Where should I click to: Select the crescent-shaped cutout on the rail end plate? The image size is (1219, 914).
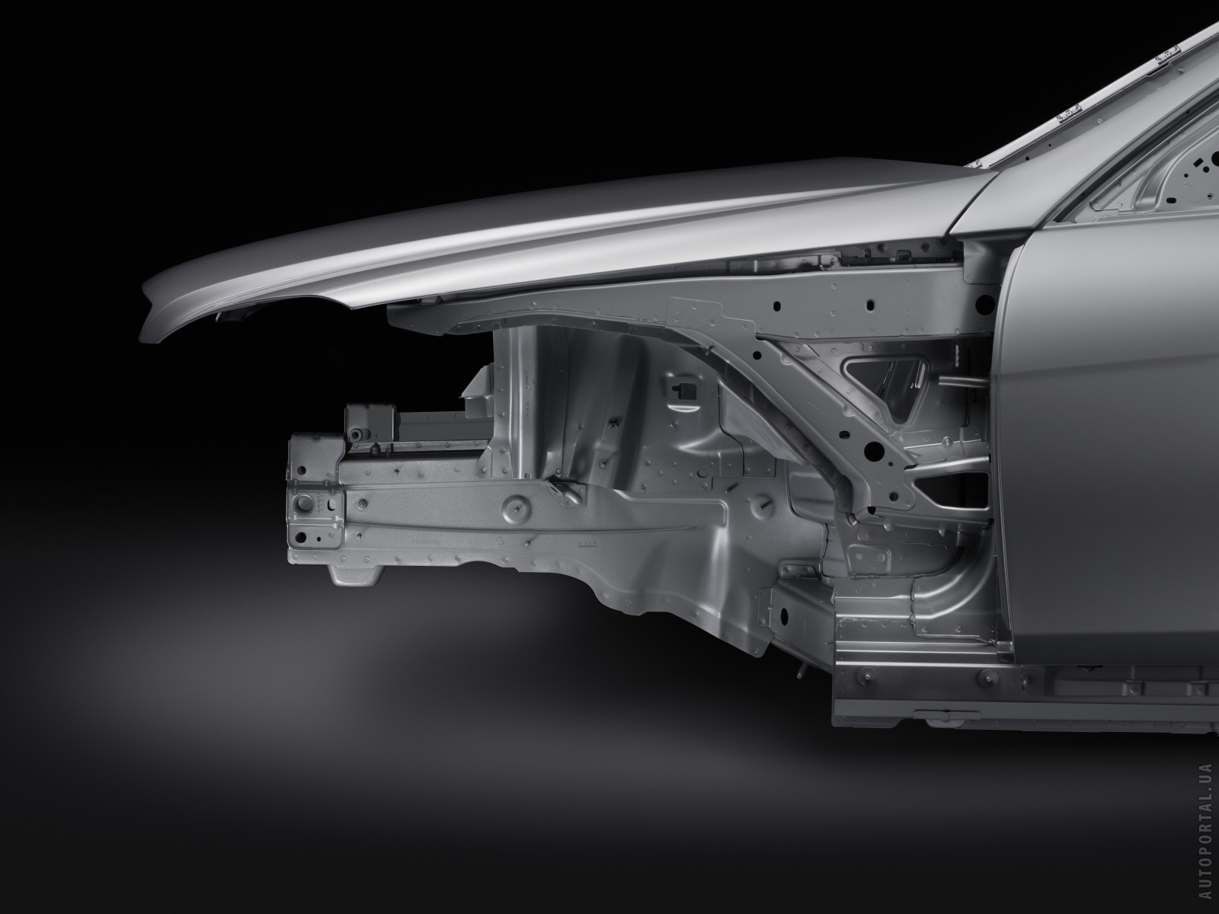point(331,506)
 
